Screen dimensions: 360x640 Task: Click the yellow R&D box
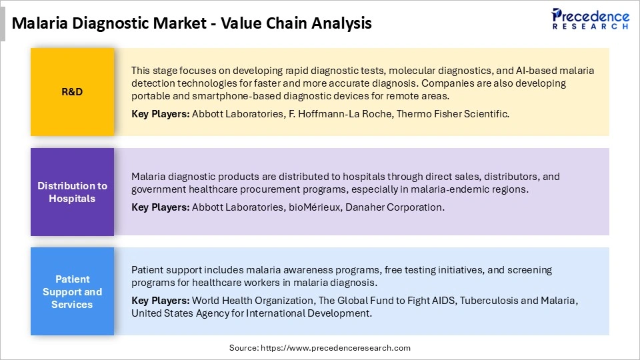pyautogui.click(x=72, y=91)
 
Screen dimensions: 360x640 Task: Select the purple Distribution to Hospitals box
pyautogui.click(x=72, y=192)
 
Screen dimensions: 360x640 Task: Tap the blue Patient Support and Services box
pyautogui.click(x=72, y=291)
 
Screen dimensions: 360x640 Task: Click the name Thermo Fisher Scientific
pyautogui.click(x=453, y=114)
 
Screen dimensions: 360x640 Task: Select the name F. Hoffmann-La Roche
pyautogui.click(x=339, y=114)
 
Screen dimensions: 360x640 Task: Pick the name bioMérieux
pyautogui.click(x=313, y=207)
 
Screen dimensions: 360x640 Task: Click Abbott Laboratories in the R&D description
pyautogui.click(x=237, y=114)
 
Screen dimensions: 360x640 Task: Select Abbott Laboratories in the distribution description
pyautogui.click(x=237, y=207)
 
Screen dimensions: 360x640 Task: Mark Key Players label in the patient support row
pyautogui.click(x=160, y=301)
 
